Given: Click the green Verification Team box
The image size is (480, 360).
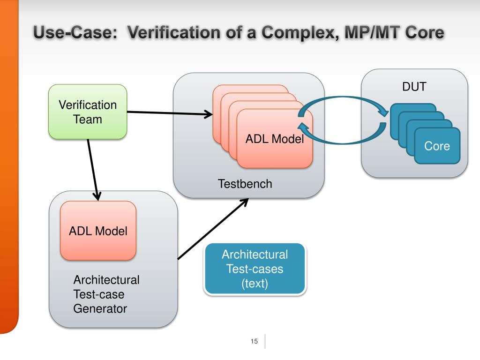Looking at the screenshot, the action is click(x=88, y=112).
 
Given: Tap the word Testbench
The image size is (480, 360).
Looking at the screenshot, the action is click(x=245, y=184).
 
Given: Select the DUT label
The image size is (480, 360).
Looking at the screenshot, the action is click(x=414, y=87).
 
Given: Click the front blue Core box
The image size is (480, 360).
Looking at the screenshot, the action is click(x=437, y=146).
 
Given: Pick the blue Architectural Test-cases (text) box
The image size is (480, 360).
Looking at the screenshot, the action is click(x=255, y=269).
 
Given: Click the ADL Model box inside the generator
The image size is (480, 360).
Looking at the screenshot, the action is click(x=98, y=231).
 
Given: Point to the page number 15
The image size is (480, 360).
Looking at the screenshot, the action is click(x=254, y=341).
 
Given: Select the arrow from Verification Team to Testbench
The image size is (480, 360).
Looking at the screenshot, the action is click(x=170, y=113).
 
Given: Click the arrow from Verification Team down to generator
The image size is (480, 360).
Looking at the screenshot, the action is click(x=93, y=170).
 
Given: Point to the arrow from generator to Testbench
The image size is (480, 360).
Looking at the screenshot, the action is click(x=213, y=229).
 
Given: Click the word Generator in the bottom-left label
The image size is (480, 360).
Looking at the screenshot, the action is click(x=100, y=308).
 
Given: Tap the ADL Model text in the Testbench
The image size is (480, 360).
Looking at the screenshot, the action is click(x=275, y=139).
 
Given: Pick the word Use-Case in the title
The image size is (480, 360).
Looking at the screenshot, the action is click(x=75, y=32).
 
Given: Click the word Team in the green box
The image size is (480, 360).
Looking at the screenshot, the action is click(x=88, y=120).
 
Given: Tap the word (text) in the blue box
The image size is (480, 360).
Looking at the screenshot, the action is click(x=255, y=284).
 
